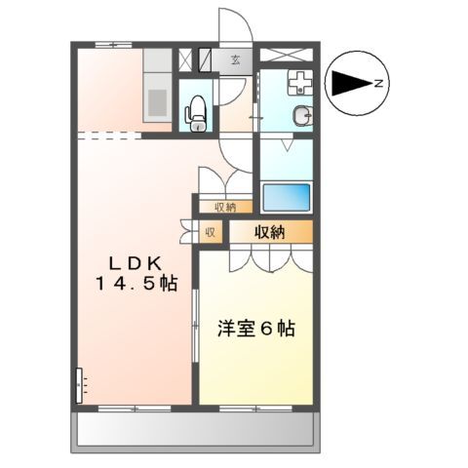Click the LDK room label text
pyautogui.click(x=136, y=261)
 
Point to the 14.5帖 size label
pyautogui.click(x=136, y=284)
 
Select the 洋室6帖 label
pyautogui.click(x=255, y=329)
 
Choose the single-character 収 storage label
pyautogui.click(x=210, y=232)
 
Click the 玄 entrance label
pyautogui.click(x=236, y=60)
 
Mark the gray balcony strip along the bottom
pyautogui.click(x=194, y=429)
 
